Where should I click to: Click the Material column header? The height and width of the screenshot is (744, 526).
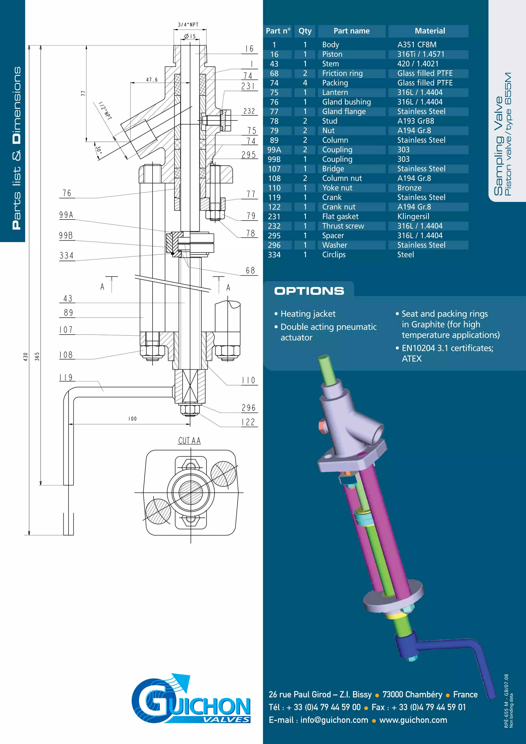pos(429,31)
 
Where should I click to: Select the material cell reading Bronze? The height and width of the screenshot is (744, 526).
pos(409,188)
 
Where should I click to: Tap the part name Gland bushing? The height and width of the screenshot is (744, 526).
pos(346,102)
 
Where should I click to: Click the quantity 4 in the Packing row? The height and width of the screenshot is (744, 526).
pos(305,83)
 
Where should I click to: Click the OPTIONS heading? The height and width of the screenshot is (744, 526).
pos(309,291)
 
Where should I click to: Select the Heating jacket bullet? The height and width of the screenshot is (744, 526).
pos(308,314)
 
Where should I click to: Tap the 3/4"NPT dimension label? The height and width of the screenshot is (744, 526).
pos(188,25)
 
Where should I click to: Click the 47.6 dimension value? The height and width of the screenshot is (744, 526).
pos(152,80)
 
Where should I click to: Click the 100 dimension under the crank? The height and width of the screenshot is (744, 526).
pos(133,419)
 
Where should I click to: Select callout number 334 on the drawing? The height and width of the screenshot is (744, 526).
pos(67,256)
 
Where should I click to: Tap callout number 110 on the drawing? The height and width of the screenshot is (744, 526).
pos(249,380)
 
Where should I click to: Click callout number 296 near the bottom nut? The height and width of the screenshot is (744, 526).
pos(249,408)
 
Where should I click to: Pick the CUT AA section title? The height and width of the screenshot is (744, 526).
pos(190,441)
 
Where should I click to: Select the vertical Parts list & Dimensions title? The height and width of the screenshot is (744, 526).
pos(16,148)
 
